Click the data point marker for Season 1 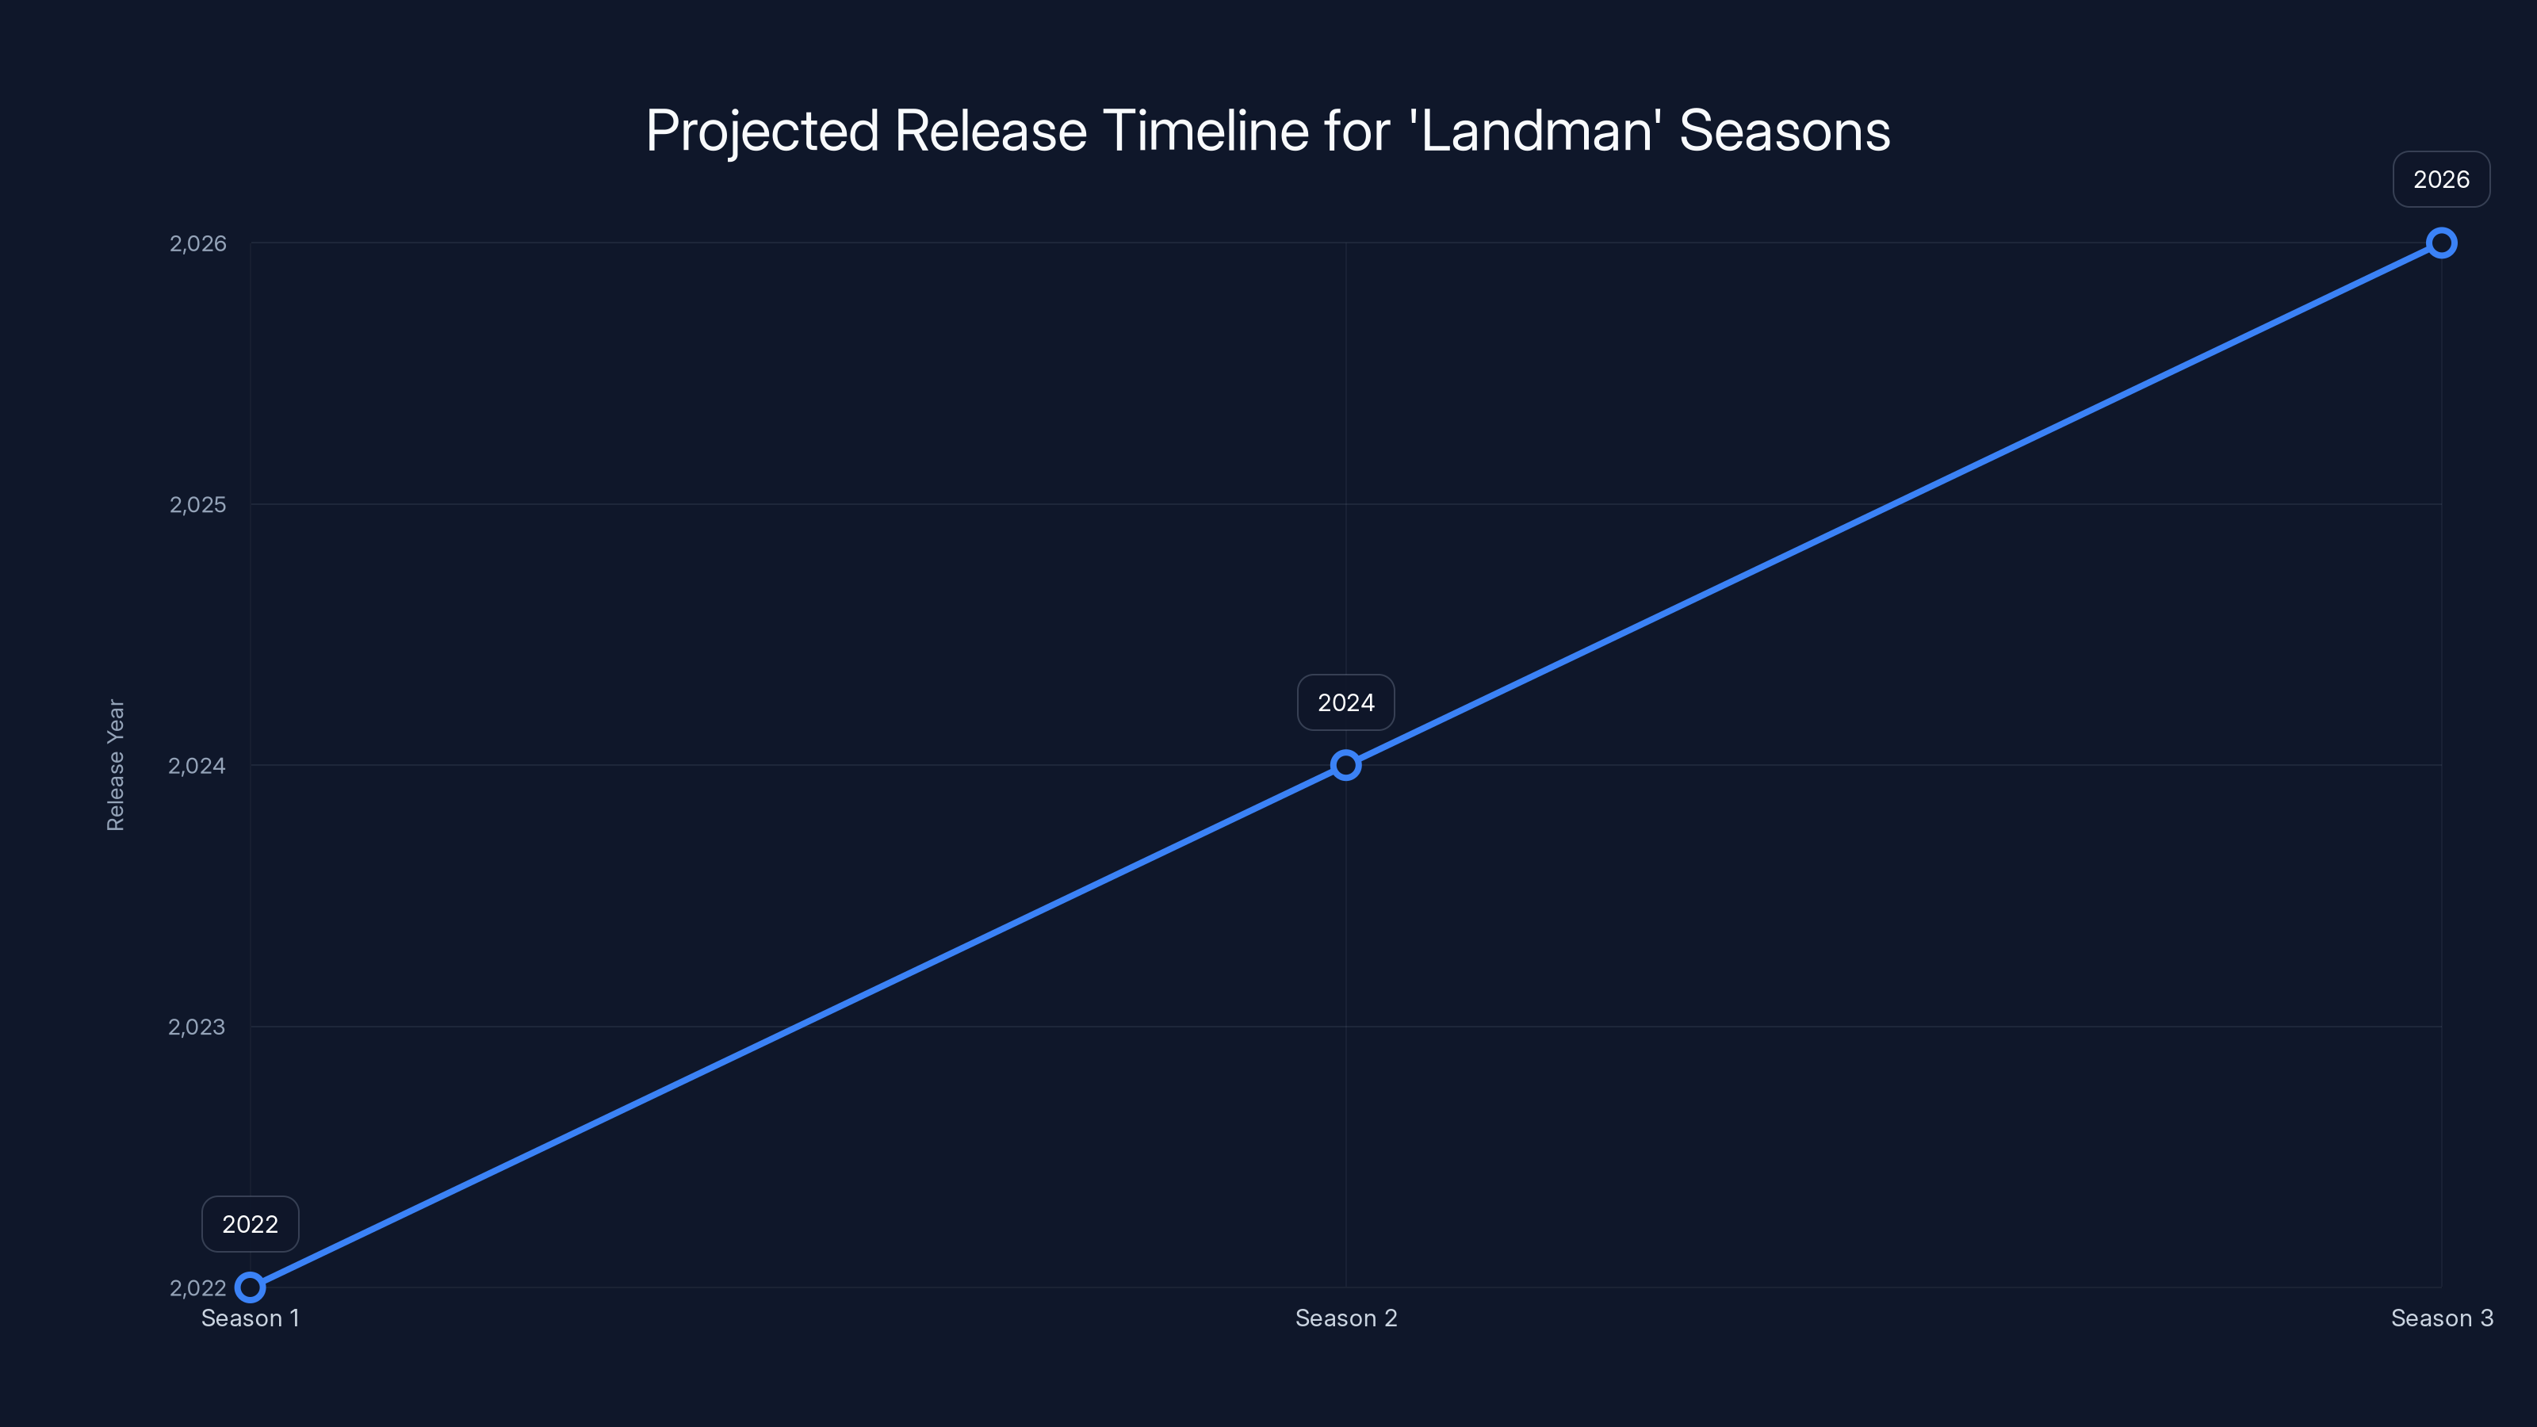coord(251,1287)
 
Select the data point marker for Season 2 coord(1345,765)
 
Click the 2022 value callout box coord(251,1224)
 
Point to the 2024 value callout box coord(1345,702)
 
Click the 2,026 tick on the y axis coord(198,243)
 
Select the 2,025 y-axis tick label coord(198,504)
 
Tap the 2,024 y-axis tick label coord(197,765)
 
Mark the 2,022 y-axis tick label coord(198,1288)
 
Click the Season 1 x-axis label coord(251,1318)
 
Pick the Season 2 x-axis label coord(1345,1318)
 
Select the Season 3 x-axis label coord(2442,1318)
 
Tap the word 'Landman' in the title coord(1536,131)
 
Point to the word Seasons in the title coord(1784,131)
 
